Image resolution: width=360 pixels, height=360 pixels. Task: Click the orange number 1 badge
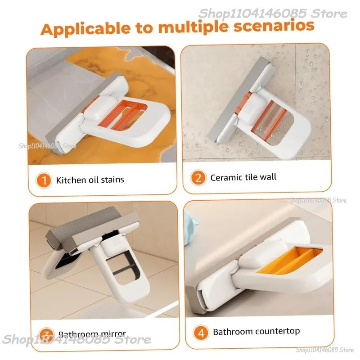coord(44,180)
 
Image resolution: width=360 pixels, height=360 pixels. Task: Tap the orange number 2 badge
coord(198,178)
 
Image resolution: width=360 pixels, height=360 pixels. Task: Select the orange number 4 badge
coord(201,333)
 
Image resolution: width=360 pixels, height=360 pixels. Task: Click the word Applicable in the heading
coord(81,28)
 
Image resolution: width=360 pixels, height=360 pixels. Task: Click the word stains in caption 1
coord(111,180)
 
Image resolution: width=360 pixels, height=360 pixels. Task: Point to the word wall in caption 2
coord(269,177)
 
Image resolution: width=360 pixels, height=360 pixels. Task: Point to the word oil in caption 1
coord(91,180)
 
